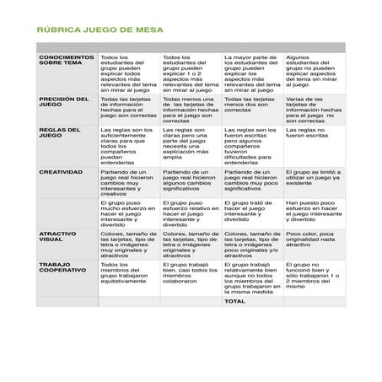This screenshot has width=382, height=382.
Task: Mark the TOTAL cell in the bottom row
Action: tap(234, 301)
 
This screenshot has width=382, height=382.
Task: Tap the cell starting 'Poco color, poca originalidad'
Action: tap(314, 239)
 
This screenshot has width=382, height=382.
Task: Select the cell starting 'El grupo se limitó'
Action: tap(314, 179)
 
